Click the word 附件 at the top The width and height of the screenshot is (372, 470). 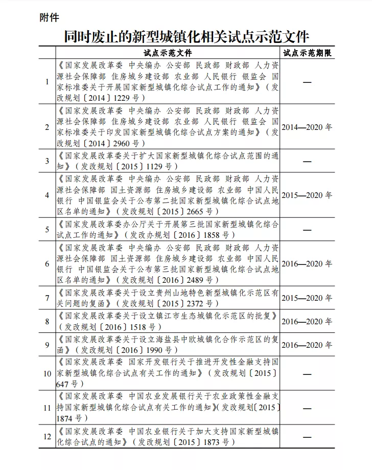50,18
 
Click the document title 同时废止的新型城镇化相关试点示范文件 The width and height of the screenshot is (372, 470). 187,36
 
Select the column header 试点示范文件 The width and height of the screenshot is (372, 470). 168,53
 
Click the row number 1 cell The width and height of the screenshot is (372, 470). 47,82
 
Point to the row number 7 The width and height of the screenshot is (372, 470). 47,298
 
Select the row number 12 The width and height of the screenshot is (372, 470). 47,437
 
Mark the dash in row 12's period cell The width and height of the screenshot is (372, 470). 307,437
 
